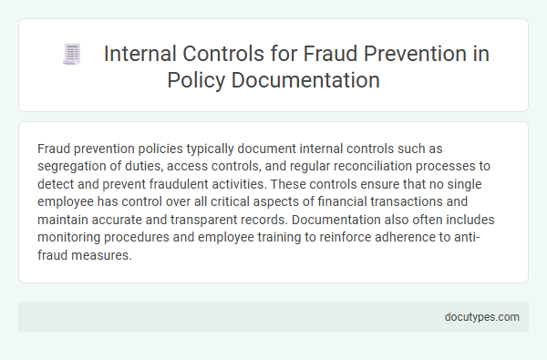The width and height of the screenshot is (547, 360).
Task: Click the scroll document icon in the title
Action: click(70, 55)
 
